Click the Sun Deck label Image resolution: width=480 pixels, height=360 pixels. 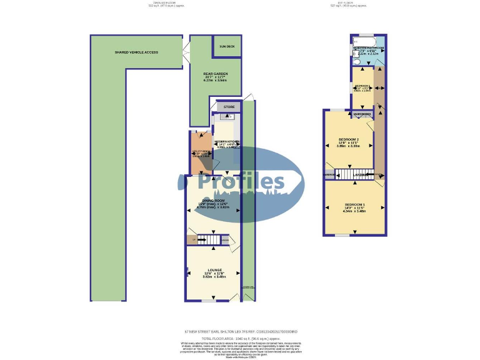[226, 46]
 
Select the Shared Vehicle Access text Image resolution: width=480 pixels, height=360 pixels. [136, 52]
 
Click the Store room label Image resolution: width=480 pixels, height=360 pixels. [229, 107]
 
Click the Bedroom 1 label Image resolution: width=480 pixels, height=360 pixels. [354, 205]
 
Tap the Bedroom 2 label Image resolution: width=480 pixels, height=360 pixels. [348, 139]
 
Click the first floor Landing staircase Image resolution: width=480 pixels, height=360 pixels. [350, 175]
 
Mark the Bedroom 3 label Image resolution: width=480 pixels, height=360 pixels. [362, 86]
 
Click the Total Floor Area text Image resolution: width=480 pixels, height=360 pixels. [240, 337]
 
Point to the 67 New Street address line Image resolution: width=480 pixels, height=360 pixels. [240, 331]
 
